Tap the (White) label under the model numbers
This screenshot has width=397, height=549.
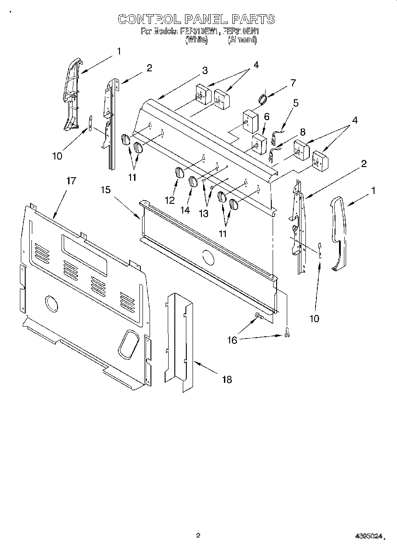coord(196,40)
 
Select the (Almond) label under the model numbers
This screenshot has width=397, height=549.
coord(242,40)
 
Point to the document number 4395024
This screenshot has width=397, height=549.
coord(367,536)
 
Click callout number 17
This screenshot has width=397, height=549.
coord(71,181)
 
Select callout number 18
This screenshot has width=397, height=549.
coord(226,379)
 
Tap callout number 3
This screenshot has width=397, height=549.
coord(204,71)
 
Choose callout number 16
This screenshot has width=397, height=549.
coord(232,340)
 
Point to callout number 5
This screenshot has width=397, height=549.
coord(296,103)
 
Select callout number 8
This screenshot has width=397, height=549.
coord(302,132)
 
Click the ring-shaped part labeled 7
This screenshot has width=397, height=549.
coord(262,99)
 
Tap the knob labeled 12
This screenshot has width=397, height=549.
coord(178,173)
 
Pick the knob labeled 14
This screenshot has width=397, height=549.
coord(193,181)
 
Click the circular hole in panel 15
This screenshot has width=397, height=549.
coord(206,256)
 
